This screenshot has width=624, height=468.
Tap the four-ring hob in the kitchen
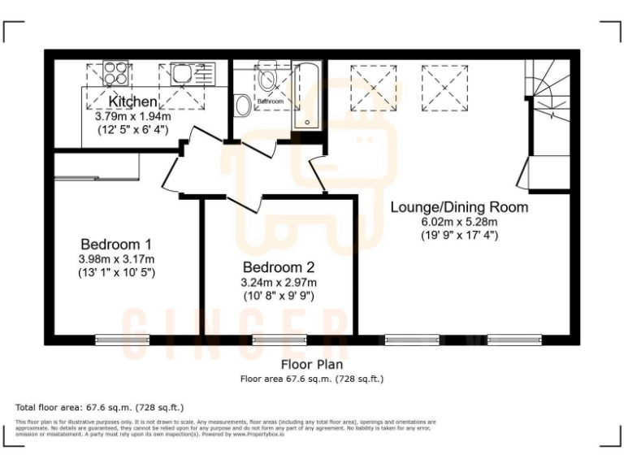click(115, 74)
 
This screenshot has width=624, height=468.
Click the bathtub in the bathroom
click(306, 93)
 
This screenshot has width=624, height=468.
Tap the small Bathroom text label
click(271, 102)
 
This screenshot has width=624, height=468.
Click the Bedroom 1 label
click(116, 244)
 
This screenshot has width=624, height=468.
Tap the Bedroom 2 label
click(279, 266)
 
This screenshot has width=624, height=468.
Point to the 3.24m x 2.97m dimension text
click(279, 282)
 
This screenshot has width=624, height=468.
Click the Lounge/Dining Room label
click(459, 207)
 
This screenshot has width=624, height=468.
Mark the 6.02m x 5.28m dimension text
click(459, 222)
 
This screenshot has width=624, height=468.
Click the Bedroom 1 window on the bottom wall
click(122, 340)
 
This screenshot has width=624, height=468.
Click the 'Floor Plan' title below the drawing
click(312, 365)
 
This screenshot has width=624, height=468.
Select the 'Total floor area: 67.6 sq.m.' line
click(100, 406)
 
